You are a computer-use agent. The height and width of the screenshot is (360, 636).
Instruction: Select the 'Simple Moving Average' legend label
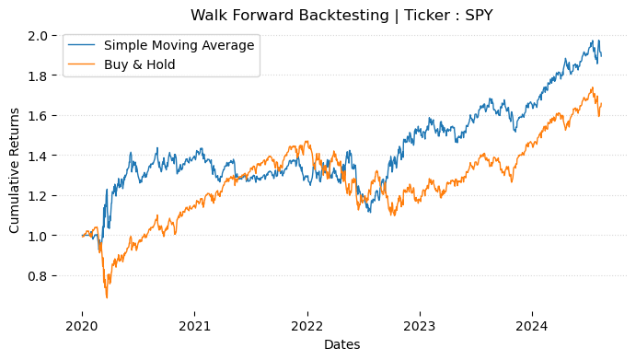tap(179, 45)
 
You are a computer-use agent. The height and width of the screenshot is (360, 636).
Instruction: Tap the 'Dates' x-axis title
tap(341, 344)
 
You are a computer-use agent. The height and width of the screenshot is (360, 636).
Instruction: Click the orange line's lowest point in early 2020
tap(107, 297)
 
